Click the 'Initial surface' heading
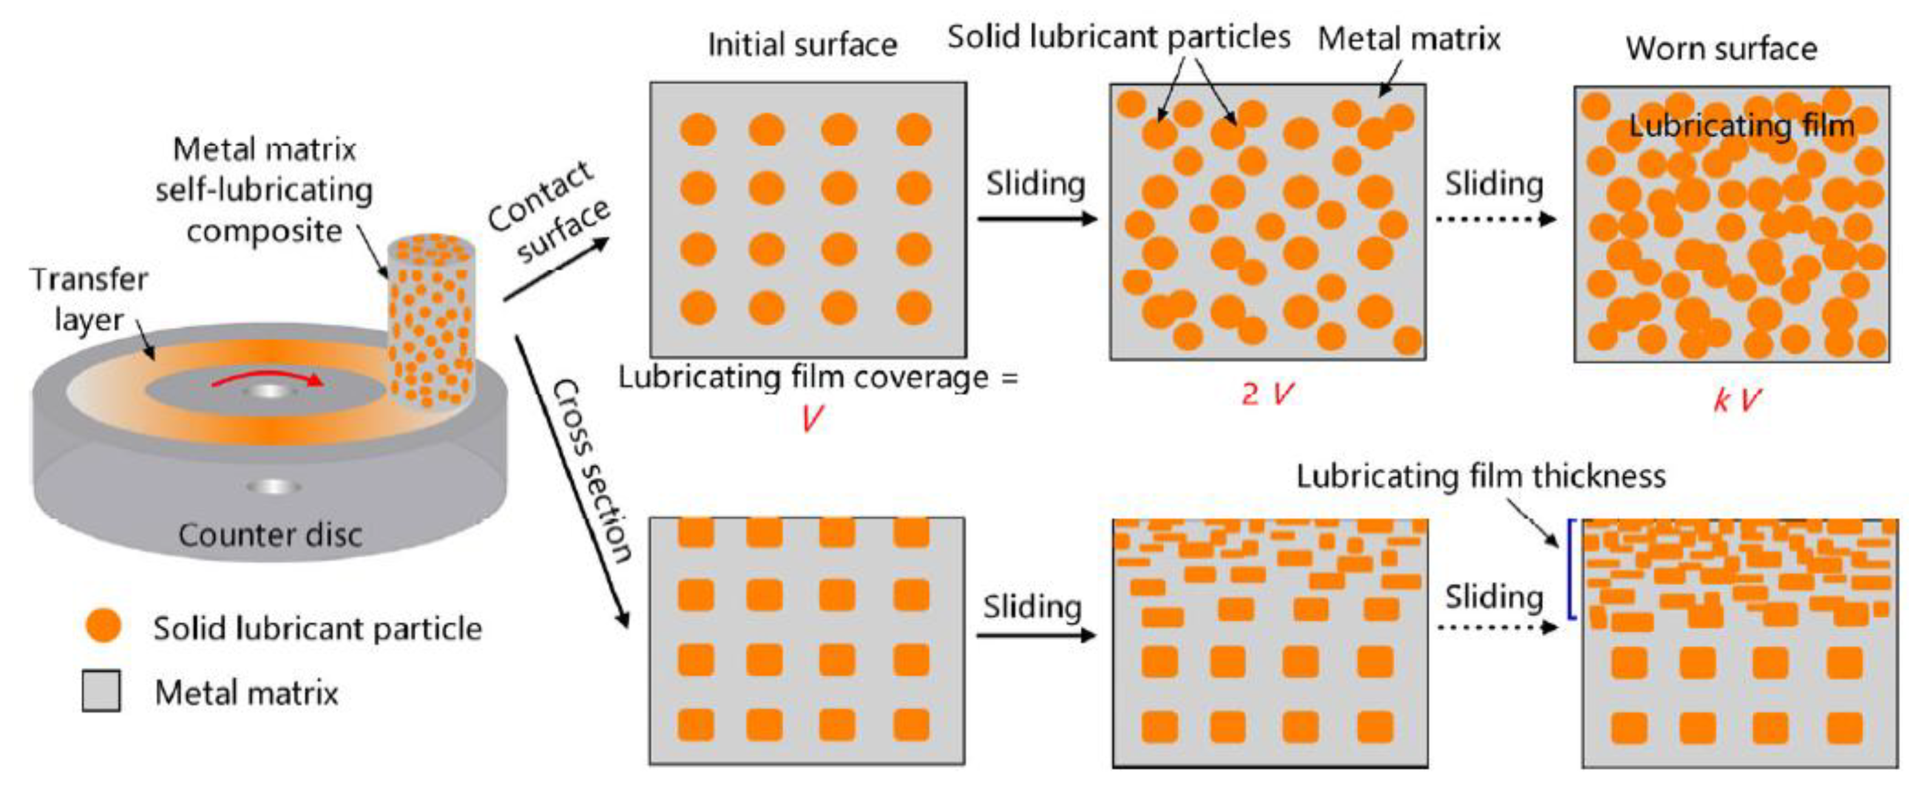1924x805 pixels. tap(802, 45)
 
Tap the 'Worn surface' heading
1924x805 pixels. tap(1722, 49)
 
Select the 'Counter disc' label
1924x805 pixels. tap(269, 535)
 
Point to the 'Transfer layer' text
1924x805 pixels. tap(89, 299)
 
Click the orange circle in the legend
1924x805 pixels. tap(103, 626)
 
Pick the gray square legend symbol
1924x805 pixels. tap(101, 691)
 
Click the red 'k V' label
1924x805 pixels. tap(1736, 399)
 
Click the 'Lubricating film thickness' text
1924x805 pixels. tap(1480, 477)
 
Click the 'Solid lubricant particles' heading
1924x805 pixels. tap(1119, 36)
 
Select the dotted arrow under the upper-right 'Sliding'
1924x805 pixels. tap(1494, 219)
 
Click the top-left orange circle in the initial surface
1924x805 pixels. tap(697, 129)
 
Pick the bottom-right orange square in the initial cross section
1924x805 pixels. tap(911, 724)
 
